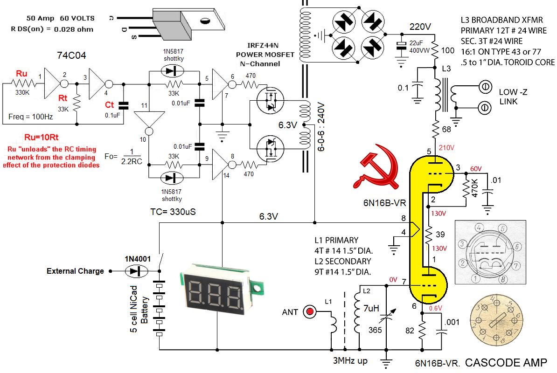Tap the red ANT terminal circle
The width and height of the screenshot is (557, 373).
coord(309,311)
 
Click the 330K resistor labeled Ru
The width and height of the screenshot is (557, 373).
coord(23,83)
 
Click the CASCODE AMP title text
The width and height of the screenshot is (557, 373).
coord(505,362)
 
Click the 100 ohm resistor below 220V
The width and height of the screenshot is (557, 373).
coord(435,50)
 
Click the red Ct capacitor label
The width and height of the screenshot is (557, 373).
coord(110,105)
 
